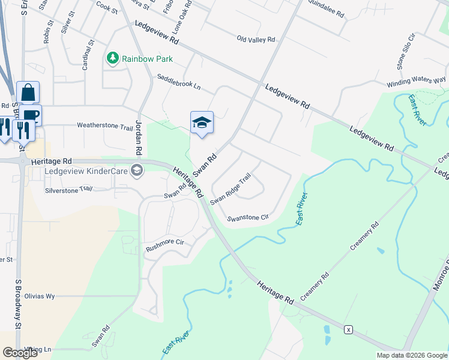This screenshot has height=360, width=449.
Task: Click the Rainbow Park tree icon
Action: point(112,58)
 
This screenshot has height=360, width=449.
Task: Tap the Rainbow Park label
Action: point(147,59)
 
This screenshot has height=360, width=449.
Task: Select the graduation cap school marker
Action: point(202,123)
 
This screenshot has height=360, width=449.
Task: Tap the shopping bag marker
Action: point(28,93)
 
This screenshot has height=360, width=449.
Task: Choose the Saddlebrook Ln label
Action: point(178,82)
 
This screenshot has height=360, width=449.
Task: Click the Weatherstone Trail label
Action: point(104,127)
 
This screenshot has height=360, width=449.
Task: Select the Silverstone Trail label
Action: point(68,188)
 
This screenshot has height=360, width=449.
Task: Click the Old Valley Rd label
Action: point(256,40)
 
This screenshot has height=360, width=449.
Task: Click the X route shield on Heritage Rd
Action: point(348,329)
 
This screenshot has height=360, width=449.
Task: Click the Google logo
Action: point(20,353)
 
